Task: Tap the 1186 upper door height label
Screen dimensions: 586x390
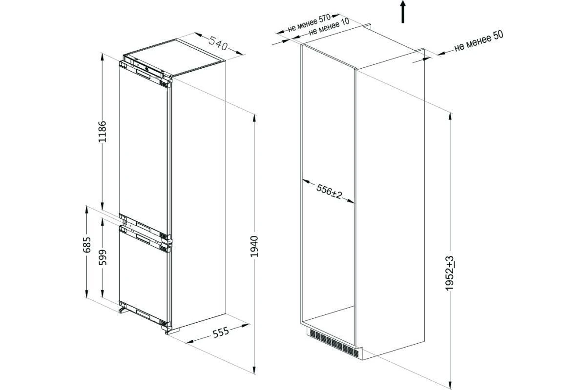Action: tap(102, 132)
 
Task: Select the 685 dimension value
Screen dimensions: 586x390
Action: tap(86, 245)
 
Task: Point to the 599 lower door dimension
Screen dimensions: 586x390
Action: tap(103, 257)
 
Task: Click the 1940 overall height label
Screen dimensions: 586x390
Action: tap(254, 246)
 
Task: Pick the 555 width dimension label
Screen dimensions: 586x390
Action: tap(221, 332)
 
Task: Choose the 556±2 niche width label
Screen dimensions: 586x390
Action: tap(329, 191)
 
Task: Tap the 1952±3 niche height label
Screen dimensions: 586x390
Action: tap(450, 273)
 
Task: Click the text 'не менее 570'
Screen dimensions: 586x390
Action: tap(309, 23)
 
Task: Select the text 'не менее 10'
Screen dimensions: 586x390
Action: tap(329, 28)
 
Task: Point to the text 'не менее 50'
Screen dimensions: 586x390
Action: tap(479, 41)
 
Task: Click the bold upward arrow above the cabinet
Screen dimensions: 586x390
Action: tap(403, 12)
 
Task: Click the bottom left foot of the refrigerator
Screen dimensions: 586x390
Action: tap(123, 310)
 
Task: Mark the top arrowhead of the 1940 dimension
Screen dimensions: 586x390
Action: tap(254, 118)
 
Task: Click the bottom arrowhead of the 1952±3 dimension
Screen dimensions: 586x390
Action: tap(450, 385)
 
